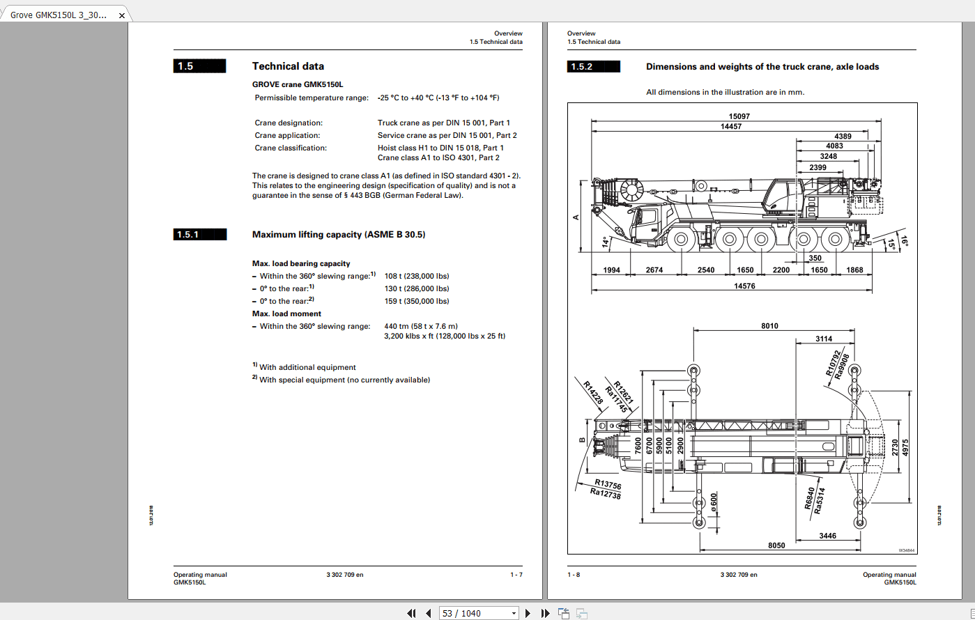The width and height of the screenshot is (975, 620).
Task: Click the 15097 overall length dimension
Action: click(x=739, y=116)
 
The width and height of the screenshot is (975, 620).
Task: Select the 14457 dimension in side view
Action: click(x=730, y=127)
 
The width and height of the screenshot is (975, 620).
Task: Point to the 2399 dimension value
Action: click(x=817, y=168)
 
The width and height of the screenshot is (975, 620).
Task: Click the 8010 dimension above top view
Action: click(x=769, y=326)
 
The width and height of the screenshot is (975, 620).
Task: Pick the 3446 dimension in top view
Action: click(x=828, y=536)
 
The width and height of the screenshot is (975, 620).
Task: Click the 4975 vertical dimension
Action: click(x=905, y=446)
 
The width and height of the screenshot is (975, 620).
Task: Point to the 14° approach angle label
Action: click(x=605, y=242)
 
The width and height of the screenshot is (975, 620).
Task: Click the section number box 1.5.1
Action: click(x=199, y=235)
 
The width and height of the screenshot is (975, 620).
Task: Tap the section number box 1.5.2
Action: click(x=594, y=67)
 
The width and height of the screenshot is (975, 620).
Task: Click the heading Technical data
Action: click(x=288, y=66)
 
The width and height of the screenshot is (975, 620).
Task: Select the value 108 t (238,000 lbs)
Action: click(x=417, y=276)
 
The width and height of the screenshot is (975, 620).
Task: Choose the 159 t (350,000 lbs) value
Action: click(x=417, y=301)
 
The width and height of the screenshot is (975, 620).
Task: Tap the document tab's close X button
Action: click(x=121, y=15)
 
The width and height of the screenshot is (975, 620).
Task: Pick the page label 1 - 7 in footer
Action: click(x=516, y=575)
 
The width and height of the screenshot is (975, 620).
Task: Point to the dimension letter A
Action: click(x=576, y=217)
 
